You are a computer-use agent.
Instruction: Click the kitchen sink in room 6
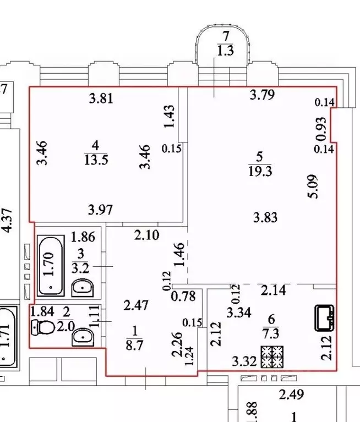tap(325, 317)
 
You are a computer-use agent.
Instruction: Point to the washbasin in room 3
tap(83, 287)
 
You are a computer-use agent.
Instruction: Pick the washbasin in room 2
tap(83, 336)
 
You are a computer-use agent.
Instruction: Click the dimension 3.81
tap(101, 100)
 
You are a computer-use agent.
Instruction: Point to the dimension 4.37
tap(7, 220)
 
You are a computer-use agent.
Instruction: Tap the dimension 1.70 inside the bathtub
tap(49, 264)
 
